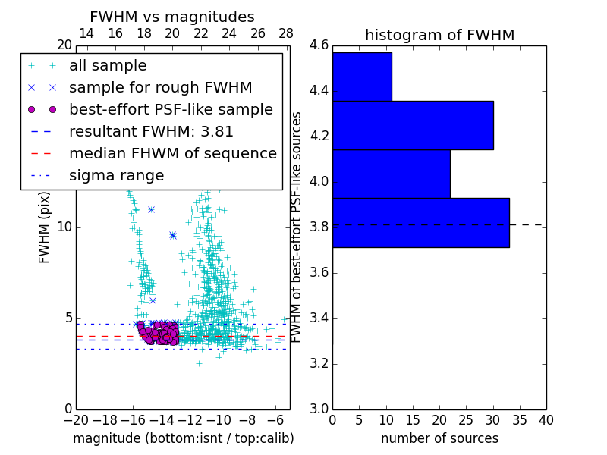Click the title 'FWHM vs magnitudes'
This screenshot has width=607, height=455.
point(171,17)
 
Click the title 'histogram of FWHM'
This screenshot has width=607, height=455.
point(439,35)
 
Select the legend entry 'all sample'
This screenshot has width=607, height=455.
point(108,66)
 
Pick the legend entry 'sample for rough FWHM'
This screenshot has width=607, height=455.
point(160,87)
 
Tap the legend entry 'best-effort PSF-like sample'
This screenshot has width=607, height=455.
point(171,109)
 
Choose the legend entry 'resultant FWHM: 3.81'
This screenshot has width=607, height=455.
point(151,131)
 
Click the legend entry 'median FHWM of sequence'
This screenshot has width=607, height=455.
point(172,153)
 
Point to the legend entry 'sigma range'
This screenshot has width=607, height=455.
point(116,175)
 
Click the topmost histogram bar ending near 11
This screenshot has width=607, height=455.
point(362,77)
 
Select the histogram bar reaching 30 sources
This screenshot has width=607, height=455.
point(413,126)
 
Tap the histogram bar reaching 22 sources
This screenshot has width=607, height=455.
point(392,174)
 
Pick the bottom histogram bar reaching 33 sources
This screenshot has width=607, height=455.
point(420,223)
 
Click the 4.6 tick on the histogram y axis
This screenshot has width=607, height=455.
point(319,45)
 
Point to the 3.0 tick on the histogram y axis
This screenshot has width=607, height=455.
point(319,409)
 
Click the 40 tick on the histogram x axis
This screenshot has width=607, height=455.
point(546,419)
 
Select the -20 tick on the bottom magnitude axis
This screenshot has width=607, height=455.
point(75,419)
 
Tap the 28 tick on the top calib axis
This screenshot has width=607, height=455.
point(286,33)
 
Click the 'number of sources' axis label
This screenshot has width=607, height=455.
point(439,438)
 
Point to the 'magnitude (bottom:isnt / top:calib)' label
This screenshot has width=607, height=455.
point(183,438)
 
